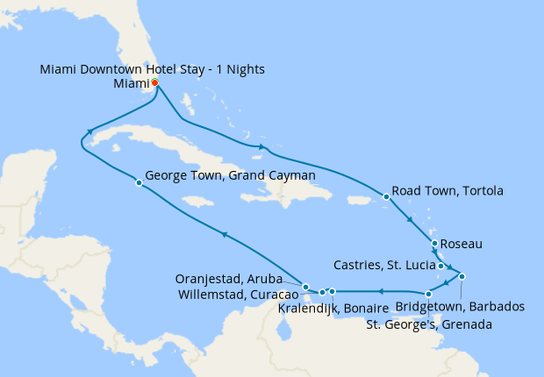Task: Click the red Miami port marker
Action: [154, 82]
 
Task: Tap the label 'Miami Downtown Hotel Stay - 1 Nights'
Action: [153, 69]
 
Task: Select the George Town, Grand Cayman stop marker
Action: [139, 182]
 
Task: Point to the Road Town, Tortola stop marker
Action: [385, 196]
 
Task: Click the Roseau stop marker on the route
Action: [433, 243]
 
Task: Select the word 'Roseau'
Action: [462, 243]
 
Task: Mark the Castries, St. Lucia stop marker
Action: [440, 266]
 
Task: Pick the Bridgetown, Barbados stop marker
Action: [462, 277]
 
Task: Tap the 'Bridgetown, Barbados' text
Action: [460, 307]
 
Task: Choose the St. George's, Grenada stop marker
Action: [427, 295]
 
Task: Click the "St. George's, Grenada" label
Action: [428, 324]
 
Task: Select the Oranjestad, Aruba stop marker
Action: [304, 287]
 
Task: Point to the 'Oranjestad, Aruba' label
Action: [230, 278]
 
